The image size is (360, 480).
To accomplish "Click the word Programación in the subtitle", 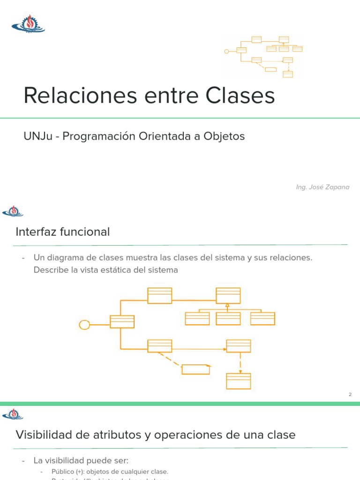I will (98, 136).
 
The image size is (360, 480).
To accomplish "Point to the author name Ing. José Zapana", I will (322, 187).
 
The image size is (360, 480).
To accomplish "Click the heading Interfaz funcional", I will (63, 232).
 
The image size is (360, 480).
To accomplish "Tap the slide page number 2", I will (350, 395).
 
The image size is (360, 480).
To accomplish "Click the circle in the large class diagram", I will (84, 324).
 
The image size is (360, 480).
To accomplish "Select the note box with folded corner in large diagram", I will (196, 369).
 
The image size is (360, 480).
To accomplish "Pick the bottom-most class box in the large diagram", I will (239, 381).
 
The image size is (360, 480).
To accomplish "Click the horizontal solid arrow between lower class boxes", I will (199, 349).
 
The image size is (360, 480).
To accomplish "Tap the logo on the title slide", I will (28, 24).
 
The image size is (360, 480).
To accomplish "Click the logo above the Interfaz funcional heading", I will (13, 211).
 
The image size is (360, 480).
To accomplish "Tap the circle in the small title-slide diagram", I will (227, 51).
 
